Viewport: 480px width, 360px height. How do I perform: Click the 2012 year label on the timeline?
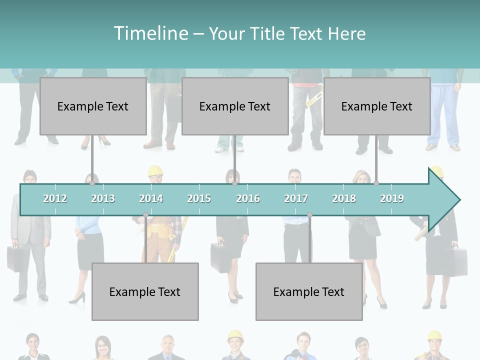point(55,198)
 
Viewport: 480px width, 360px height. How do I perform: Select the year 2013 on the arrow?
point(103,198)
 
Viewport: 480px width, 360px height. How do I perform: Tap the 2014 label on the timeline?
point(151,198)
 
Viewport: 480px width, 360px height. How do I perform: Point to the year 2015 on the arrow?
point(199,198)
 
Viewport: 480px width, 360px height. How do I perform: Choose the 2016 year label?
point(248,198)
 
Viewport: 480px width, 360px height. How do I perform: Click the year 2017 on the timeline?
point(296,198)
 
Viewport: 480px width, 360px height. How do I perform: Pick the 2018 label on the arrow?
point(344,198)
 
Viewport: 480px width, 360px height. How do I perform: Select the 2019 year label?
point(392,198)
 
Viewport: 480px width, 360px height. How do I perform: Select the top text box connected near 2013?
point(93,106)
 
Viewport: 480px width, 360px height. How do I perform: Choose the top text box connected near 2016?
point(235,106)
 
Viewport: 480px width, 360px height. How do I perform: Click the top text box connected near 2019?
point(377,106)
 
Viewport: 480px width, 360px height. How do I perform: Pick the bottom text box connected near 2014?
point(145,291)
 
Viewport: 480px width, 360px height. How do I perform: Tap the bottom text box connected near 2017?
point(309,291)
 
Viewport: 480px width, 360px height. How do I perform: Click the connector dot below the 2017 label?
point(309,215)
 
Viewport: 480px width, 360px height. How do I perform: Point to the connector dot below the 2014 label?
point(145,215)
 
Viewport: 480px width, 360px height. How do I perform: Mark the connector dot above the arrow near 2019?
point(376,183)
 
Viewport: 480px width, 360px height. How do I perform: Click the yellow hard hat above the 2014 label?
point(155,171)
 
